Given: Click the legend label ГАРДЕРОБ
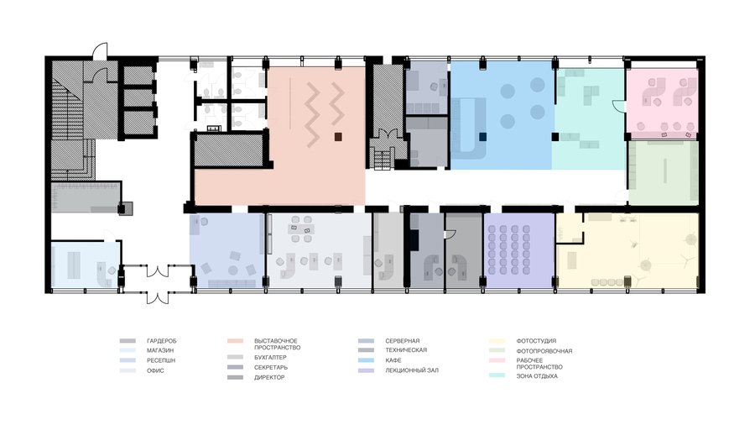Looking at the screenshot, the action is coord(161,341).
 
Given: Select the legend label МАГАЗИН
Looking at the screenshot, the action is coord(160,351).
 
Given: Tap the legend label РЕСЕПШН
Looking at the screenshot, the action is coord(161,360).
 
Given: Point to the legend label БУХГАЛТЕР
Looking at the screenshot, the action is coord(270,358).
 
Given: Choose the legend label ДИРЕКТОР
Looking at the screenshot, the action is coord(269,378).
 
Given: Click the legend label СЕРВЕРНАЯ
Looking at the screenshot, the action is coord(402,341).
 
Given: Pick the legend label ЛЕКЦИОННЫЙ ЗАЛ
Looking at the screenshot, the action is coord(412,370).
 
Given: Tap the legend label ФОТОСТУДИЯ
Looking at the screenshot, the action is coord(536,341).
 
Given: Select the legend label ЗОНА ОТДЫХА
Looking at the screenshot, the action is coord(537,375).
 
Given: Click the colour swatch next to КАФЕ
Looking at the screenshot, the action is coord(366,360).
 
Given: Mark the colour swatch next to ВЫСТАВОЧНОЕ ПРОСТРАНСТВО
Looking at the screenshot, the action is coord(235,341).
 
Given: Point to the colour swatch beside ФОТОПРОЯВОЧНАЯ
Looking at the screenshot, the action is coord(497,351).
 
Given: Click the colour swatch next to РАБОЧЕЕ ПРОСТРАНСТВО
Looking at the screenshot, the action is coord(497,360).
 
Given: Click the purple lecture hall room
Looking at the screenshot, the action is coord(518,250).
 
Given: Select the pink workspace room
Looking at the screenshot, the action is coord(662,101).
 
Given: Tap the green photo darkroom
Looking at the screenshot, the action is coord(664,172).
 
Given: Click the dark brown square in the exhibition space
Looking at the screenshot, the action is coord(339,138).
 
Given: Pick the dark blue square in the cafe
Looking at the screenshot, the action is coord(483,137).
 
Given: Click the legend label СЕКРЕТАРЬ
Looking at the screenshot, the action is coord(271,368).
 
